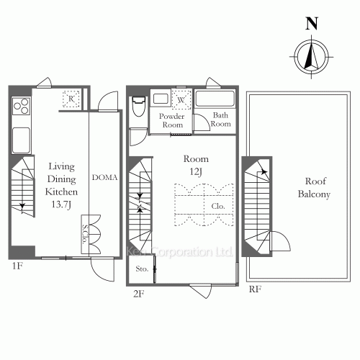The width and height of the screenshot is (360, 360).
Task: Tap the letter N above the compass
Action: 312,22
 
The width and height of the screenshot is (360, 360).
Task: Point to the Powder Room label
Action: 172,120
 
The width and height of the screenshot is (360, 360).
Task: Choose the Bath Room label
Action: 220,120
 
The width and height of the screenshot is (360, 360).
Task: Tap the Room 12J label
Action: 196,165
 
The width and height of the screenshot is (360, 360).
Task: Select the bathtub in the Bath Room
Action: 217,99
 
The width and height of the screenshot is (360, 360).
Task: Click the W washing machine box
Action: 181,99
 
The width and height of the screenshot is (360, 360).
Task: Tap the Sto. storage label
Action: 142,270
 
